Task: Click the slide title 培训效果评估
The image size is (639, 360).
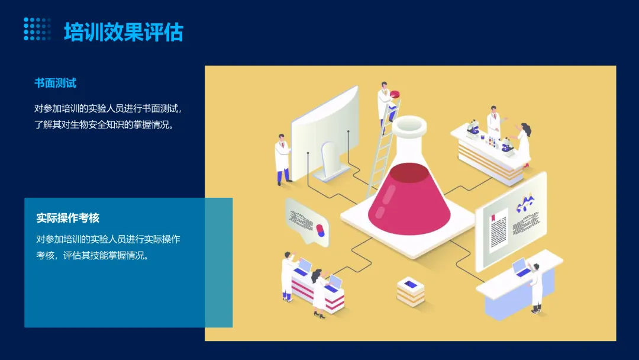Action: click(123, 32)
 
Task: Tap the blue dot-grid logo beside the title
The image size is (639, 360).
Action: click(37, 29)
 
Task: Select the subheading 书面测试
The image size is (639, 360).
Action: click(55, 83)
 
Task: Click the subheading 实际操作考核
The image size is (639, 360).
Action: click(67, 218)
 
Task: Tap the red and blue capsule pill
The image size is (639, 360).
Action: click(320, 230)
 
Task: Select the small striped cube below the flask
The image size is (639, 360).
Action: click(411, 291)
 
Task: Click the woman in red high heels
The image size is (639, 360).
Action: click(523, 145)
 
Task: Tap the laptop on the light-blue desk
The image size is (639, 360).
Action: click(521, 268)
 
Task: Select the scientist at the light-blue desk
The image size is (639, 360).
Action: click(535, 287)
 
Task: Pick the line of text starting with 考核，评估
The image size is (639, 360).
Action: click(92, 256)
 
